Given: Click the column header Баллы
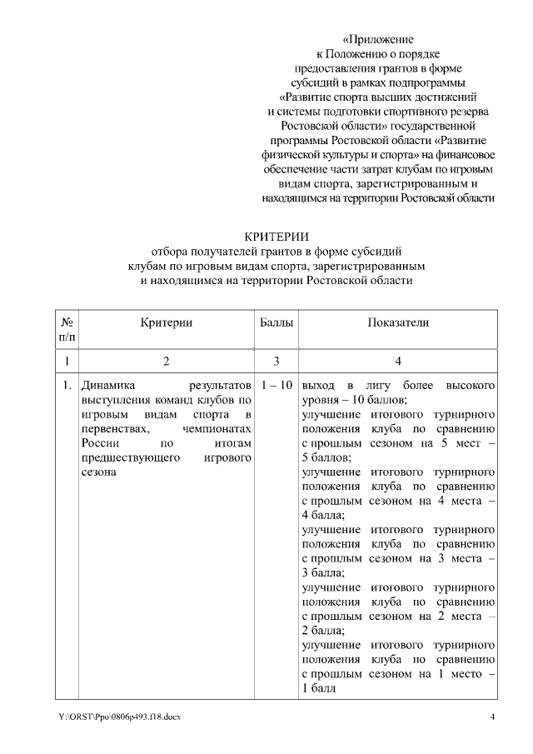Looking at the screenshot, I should tap(276, 322).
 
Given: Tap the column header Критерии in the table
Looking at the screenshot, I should tap(167, 322).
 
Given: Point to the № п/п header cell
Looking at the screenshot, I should tap(67, 329).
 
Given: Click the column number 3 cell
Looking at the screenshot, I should tap(276, 362).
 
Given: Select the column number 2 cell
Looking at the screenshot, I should tap(167, 362).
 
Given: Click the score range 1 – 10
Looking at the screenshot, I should tap(276, 387).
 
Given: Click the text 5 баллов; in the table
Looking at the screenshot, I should tap(326, 457).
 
